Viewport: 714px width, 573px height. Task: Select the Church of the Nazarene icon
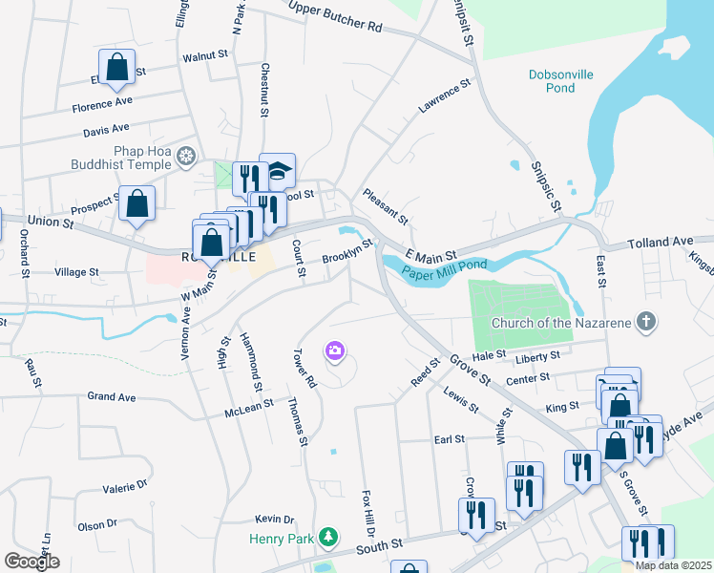coord(646,322)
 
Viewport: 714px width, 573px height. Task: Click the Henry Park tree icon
coord(328,538)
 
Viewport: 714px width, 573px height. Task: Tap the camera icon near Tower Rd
coord(334,351)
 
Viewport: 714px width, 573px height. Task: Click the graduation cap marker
coord(278,170)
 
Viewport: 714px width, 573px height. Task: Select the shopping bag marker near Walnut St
coord(116,68)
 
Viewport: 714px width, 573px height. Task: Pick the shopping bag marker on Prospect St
coord(137,203)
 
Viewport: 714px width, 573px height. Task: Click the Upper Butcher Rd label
coord(335,18)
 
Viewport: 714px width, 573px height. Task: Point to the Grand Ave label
coord(113,395)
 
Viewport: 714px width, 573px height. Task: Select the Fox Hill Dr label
coord(367,513)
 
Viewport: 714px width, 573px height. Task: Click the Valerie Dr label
coord(126,487)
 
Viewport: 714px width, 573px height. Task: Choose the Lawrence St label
coord(445,97)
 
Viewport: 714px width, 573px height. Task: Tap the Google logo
coord(31,562)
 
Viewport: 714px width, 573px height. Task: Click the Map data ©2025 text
coord(673,565)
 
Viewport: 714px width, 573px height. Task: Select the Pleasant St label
coord(386,205)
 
